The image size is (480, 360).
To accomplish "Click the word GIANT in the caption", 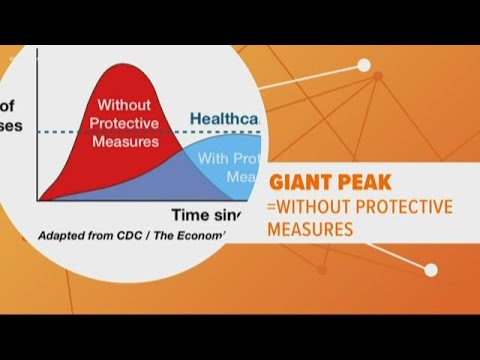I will tap(302, 183).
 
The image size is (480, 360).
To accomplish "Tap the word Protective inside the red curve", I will tap(124, 124).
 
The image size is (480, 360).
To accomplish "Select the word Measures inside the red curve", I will tap(124, 141).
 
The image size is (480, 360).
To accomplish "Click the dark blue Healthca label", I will tap(230, 117).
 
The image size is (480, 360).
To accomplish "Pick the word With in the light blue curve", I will tap(214, 157).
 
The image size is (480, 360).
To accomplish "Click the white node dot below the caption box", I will tap(431, 271).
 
